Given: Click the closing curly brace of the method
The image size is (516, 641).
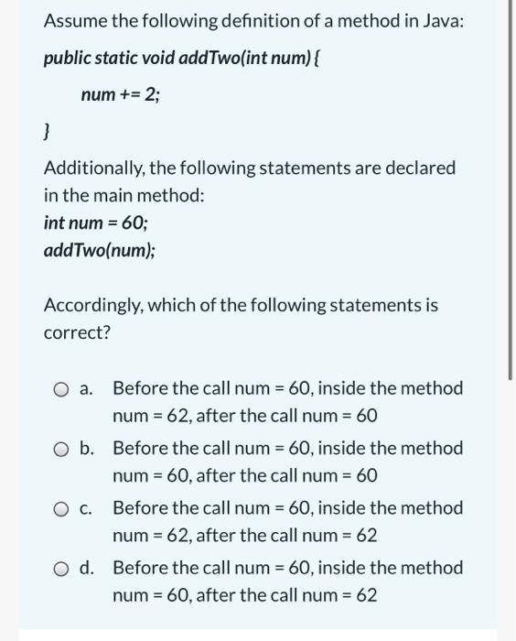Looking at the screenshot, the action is pyautogui.click(x=47, y=133).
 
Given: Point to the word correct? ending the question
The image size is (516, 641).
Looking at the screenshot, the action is pyautogui.click(x=77, y=331).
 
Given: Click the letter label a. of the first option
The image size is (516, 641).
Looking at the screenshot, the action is pyautogui.click(x=86, y=388).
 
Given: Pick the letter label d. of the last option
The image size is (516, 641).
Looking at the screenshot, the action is pyautogui.click(x=87, y=568).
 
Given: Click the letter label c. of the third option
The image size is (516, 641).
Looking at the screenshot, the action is pyautogui.click(x=86, y=508).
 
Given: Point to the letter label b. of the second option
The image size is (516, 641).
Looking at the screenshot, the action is pyautogui.click(x=87, y=448).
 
